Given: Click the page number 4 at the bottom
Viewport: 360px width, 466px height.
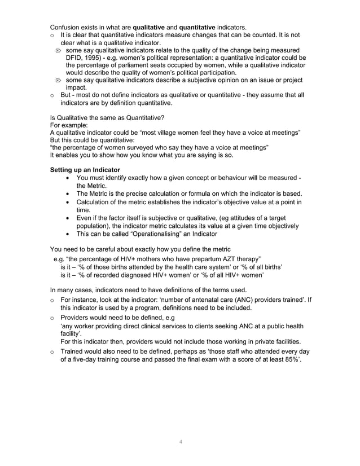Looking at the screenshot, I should [180, 441].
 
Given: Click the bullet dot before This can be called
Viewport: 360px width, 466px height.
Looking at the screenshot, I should [68, 233].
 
